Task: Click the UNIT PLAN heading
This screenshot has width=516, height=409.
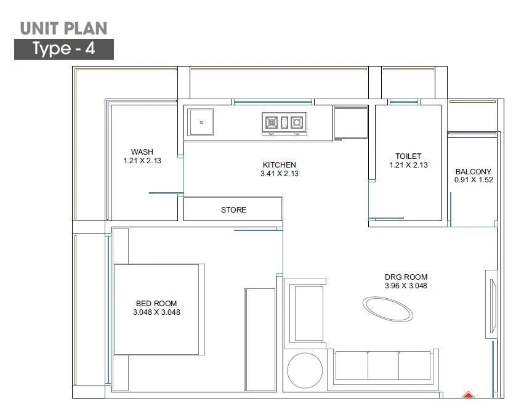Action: pos(63,28)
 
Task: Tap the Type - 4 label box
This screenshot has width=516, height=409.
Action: pos(64,49)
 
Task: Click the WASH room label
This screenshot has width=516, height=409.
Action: pos(142,152)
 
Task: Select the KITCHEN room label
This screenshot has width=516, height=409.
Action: pos(279,164)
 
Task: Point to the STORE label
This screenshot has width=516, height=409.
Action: pos(233,210)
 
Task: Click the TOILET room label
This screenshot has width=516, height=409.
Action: pos(408,156)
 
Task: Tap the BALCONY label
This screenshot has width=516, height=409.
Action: pos(473,172)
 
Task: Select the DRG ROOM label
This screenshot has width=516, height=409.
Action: pos(406,277)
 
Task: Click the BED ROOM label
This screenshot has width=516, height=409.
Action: pos(156,303)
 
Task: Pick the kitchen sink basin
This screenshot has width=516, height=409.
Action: pos(201,122)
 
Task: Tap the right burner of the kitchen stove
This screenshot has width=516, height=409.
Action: pos(297,123)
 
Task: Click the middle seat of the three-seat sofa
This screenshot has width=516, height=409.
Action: pos(382,366)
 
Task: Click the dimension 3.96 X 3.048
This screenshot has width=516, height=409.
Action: pos(406,286)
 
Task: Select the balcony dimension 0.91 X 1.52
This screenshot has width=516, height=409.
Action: pos(473,180)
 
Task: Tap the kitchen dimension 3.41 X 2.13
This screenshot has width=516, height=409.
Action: pos(279,174)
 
